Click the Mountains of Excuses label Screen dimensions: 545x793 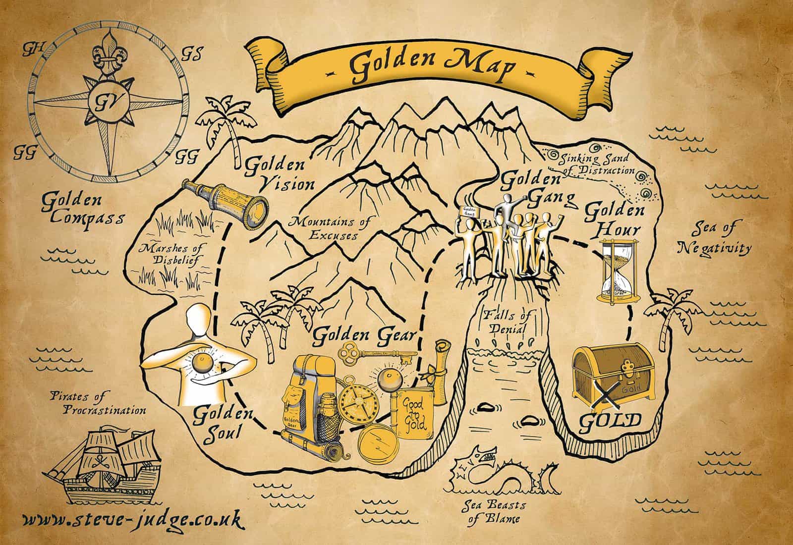tap(331, 228)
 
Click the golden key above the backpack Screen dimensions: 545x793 tap(376, 354)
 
